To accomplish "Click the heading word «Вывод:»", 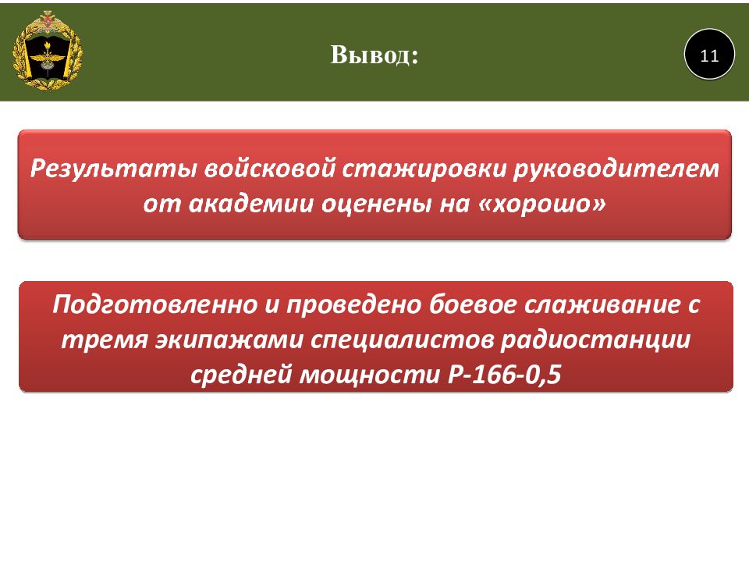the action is (374, 55).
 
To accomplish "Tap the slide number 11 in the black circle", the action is (709, 56).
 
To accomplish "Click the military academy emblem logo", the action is (48, 50).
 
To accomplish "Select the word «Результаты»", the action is (113, 169).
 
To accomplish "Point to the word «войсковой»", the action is (270, 169).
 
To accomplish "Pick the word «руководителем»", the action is (616, 169).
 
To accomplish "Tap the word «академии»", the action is (251, 205).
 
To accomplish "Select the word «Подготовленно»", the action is (154, 304).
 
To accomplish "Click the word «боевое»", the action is (473, 304).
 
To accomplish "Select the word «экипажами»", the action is (229, 340).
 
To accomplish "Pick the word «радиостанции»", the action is (595, 340).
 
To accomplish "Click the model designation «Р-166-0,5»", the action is (505, 374).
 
